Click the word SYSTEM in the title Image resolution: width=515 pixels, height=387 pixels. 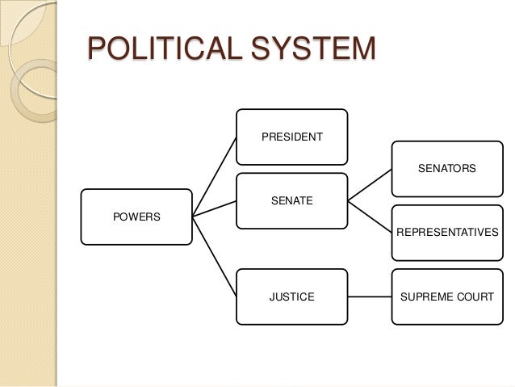[314, 49]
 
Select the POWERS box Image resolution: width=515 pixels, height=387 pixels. [136, 217]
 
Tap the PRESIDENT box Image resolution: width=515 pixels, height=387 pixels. [291, 137]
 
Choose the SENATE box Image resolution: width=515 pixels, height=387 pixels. [291, 200]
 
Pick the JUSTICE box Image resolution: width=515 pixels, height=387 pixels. [291, 297]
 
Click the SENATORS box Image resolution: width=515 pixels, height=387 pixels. [446, 169]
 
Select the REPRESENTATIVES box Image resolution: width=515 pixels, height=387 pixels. [446, 233]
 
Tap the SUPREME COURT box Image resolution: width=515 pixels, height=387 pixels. [446, 297]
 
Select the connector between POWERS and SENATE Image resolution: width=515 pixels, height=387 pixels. [214, 211]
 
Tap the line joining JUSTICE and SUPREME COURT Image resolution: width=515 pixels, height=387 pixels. [369, 297]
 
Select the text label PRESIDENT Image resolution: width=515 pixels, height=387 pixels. [291, 137]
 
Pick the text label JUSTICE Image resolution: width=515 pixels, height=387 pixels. [291, 297]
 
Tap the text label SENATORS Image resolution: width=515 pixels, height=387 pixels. [446, 169]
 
